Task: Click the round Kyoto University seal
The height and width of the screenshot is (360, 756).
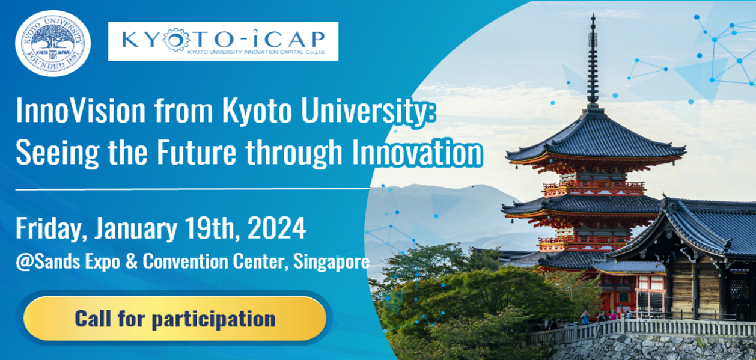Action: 53,43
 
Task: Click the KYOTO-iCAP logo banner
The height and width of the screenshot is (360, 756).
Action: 223,41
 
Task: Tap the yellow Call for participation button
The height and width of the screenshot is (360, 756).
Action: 175,318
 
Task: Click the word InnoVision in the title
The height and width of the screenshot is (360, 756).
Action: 81,111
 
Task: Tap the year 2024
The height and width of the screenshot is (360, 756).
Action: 277,228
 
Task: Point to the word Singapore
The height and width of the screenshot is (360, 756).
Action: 331,262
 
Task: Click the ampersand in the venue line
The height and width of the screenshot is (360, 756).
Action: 131,261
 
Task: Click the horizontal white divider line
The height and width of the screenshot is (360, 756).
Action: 192,189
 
